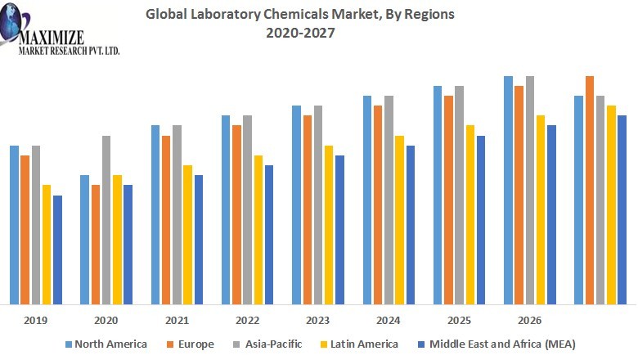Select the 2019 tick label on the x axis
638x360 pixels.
click(x=36, y=320)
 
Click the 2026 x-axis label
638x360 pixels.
click(x=529, y=320)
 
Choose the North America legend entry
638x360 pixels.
click(x=106, y=344)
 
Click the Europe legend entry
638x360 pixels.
click(x=190, y=344)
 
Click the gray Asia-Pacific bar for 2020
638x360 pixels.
click(x=106, y=220)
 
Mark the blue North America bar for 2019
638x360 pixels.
click(x=14, y=225)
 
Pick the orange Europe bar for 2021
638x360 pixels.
click(x=166, y=220)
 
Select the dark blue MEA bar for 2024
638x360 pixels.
click(x=410, y=225)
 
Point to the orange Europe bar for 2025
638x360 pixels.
click(x=448, y=200)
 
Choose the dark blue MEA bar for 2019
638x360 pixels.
click(x=57, y=250)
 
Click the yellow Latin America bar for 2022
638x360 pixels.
click(x=258, y=230)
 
